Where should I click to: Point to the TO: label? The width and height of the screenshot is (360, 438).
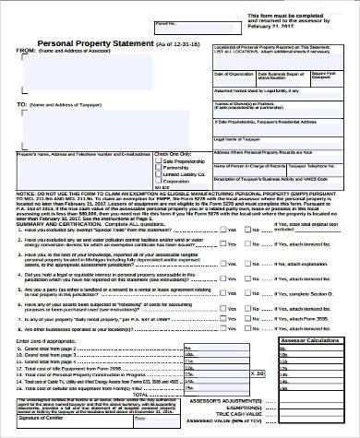tap(23, 106)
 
